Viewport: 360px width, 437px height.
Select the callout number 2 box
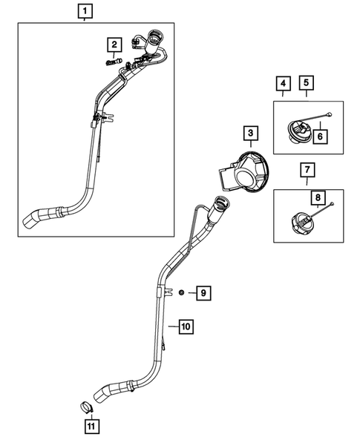pyautogui.click(x=114, y=46)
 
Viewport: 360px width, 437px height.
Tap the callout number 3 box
pyautogui.click(x=251, y=134)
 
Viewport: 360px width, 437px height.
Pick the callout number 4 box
pyautogui.click(x=283, y=83)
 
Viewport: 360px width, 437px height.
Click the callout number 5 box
pyautogui.click(x=307, y=83)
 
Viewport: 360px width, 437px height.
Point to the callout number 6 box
pyautogui.click(x=321, y=136)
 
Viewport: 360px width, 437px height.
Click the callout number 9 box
pyautogui.click(x=201, y=294)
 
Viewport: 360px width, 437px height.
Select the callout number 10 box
pyautogui.click(x=186, y=326)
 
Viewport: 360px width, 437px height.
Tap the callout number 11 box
pyautogui.click(x=89, y=425)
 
